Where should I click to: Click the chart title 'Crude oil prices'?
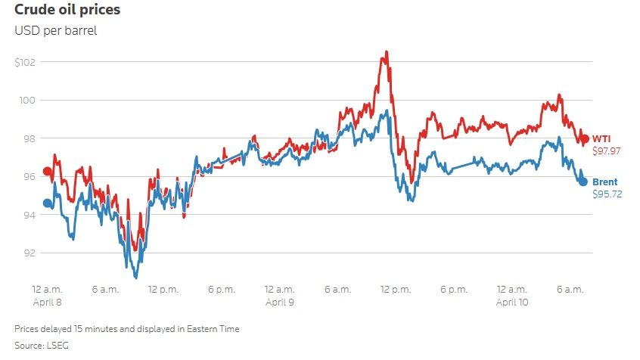[67, 11]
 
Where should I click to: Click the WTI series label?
[601, 138]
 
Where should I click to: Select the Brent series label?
[604, 182]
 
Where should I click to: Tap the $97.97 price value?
[606, 151]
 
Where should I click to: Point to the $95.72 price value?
[606, 194]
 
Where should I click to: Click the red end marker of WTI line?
[584, 139]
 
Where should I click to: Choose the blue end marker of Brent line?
[583, 182]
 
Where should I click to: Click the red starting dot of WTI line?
[48, 172]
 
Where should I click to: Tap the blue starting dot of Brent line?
[48, 203]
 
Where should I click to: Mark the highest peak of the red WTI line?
[387, 52]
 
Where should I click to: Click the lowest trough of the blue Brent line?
[135, 278]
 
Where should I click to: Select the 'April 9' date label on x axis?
[279, 302]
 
